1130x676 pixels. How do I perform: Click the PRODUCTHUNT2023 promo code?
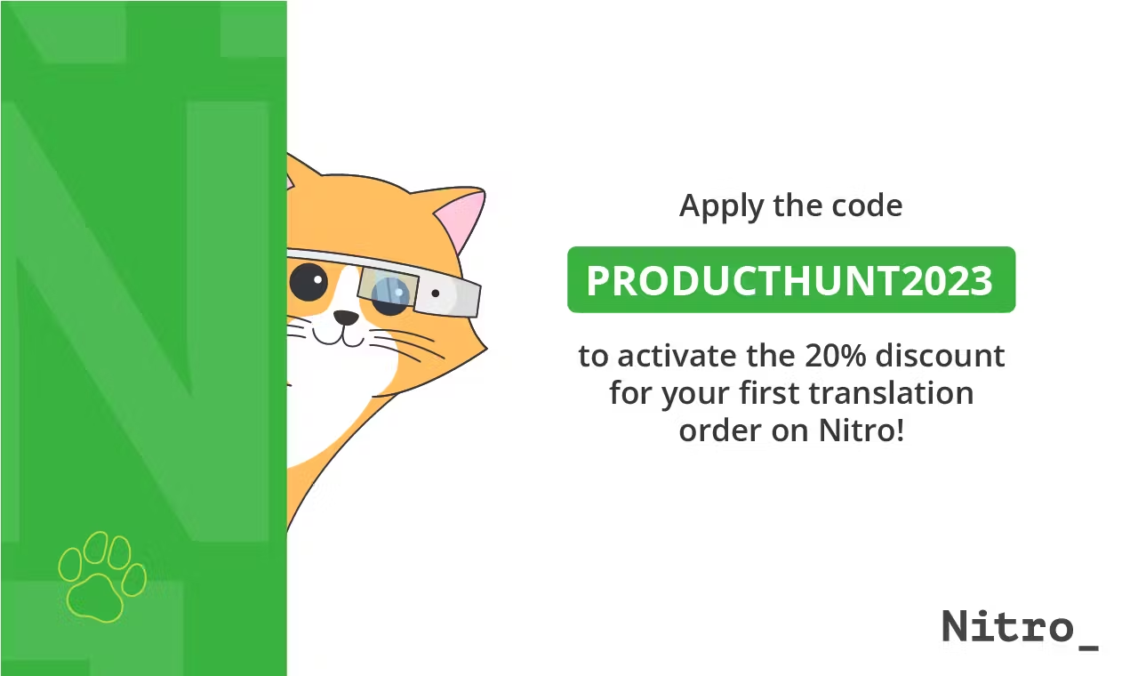coord(789,281)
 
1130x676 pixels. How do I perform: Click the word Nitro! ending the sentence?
coord(860,431)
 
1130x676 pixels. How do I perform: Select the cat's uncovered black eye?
coord(309,282)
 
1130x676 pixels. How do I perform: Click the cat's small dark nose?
coord(345,318)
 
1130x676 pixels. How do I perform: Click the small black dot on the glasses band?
coord(435,293)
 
